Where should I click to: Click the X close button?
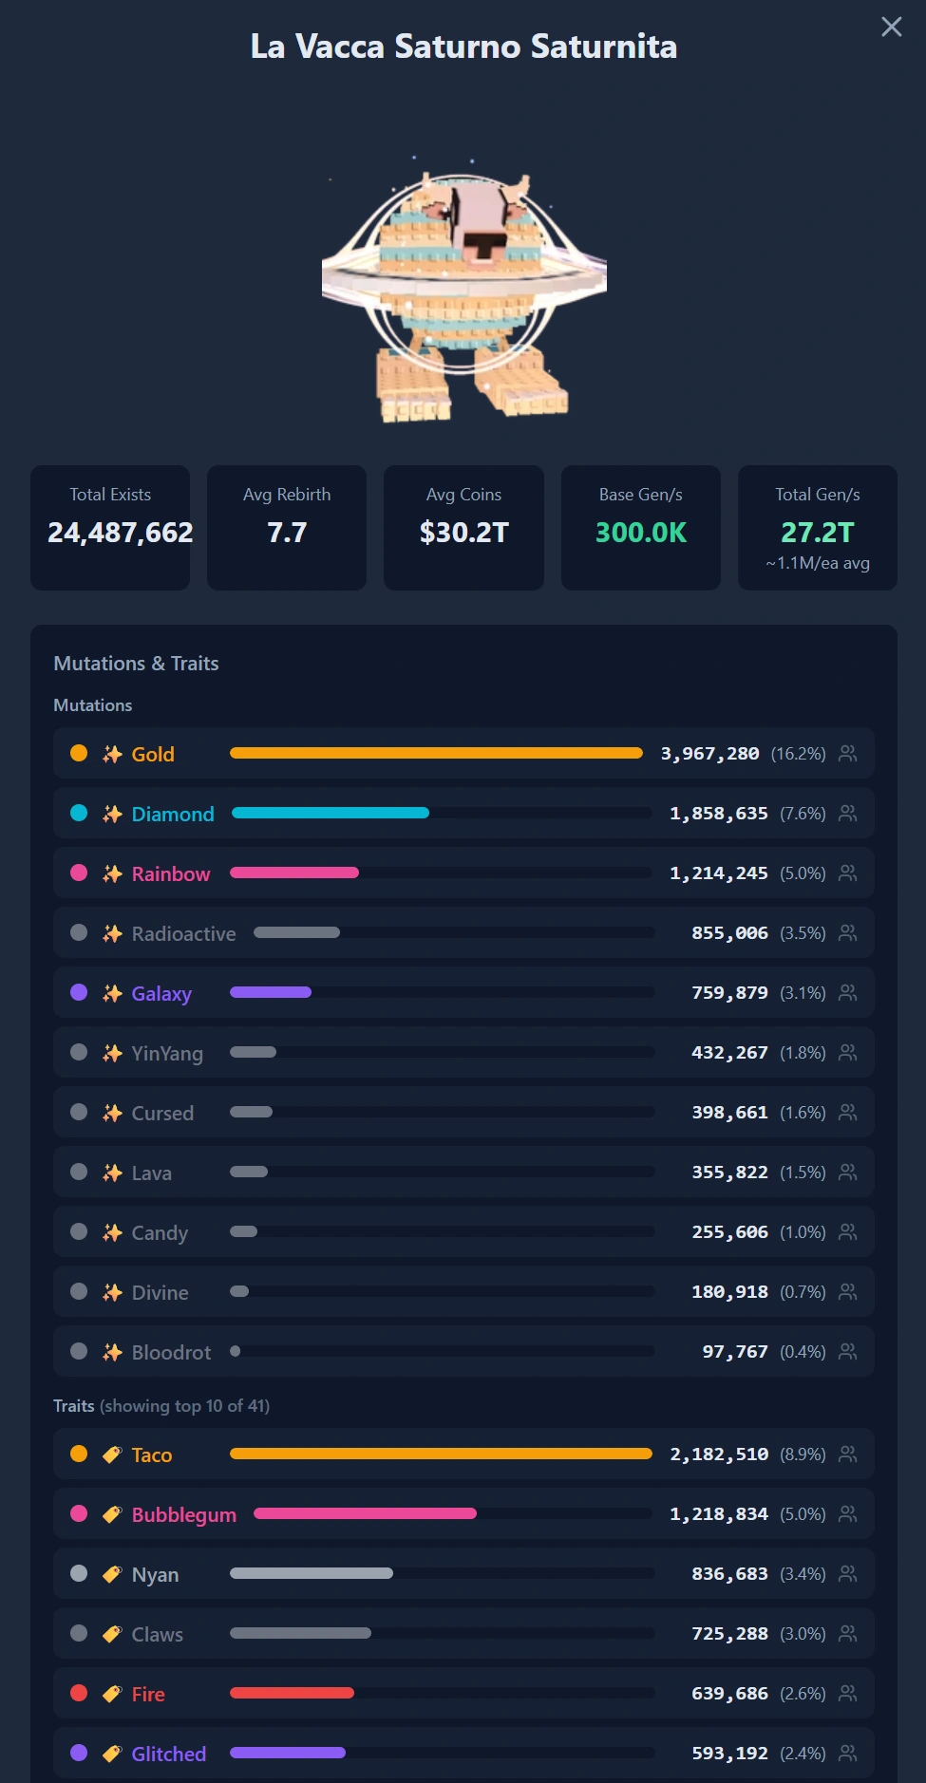click(x=891, y=27)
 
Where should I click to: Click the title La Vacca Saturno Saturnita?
click(x=463, y=47)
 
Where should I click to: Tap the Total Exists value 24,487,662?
click(x=121, y=533)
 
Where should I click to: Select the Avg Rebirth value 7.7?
click(x=287, y=533)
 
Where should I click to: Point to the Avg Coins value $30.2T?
click(x=464, y=533)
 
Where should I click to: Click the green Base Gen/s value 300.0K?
click(x=641, y=533)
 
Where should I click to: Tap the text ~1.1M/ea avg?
click(x=818, y=563)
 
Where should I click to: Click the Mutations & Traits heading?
click(x=136, y=664)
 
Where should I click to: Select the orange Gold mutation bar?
click(x=436, y=753)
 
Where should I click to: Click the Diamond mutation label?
click(x=173, y=815)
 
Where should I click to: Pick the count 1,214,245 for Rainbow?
click(x=719, y=873)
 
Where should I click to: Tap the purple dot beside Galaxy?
click(x=79, y=992)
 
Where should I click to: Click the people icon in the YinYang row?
click(x=848, y=1052)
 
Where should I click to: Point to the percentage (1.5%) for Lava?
click(x=803, y=1173)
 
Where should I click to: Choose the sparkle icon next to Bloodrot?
click(x=112, y=1352)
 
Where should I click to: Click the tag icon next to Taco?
click(x=112, y=1455)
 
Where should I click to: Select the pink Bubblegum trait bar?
click(x=365, y=1513)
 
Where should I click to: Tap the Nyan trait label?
click(x=155, y=1575)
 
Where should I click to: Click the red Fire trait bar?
click(x=292, y=1693)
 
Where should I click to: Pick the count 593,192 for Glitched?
click(x=729, y=1754)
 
